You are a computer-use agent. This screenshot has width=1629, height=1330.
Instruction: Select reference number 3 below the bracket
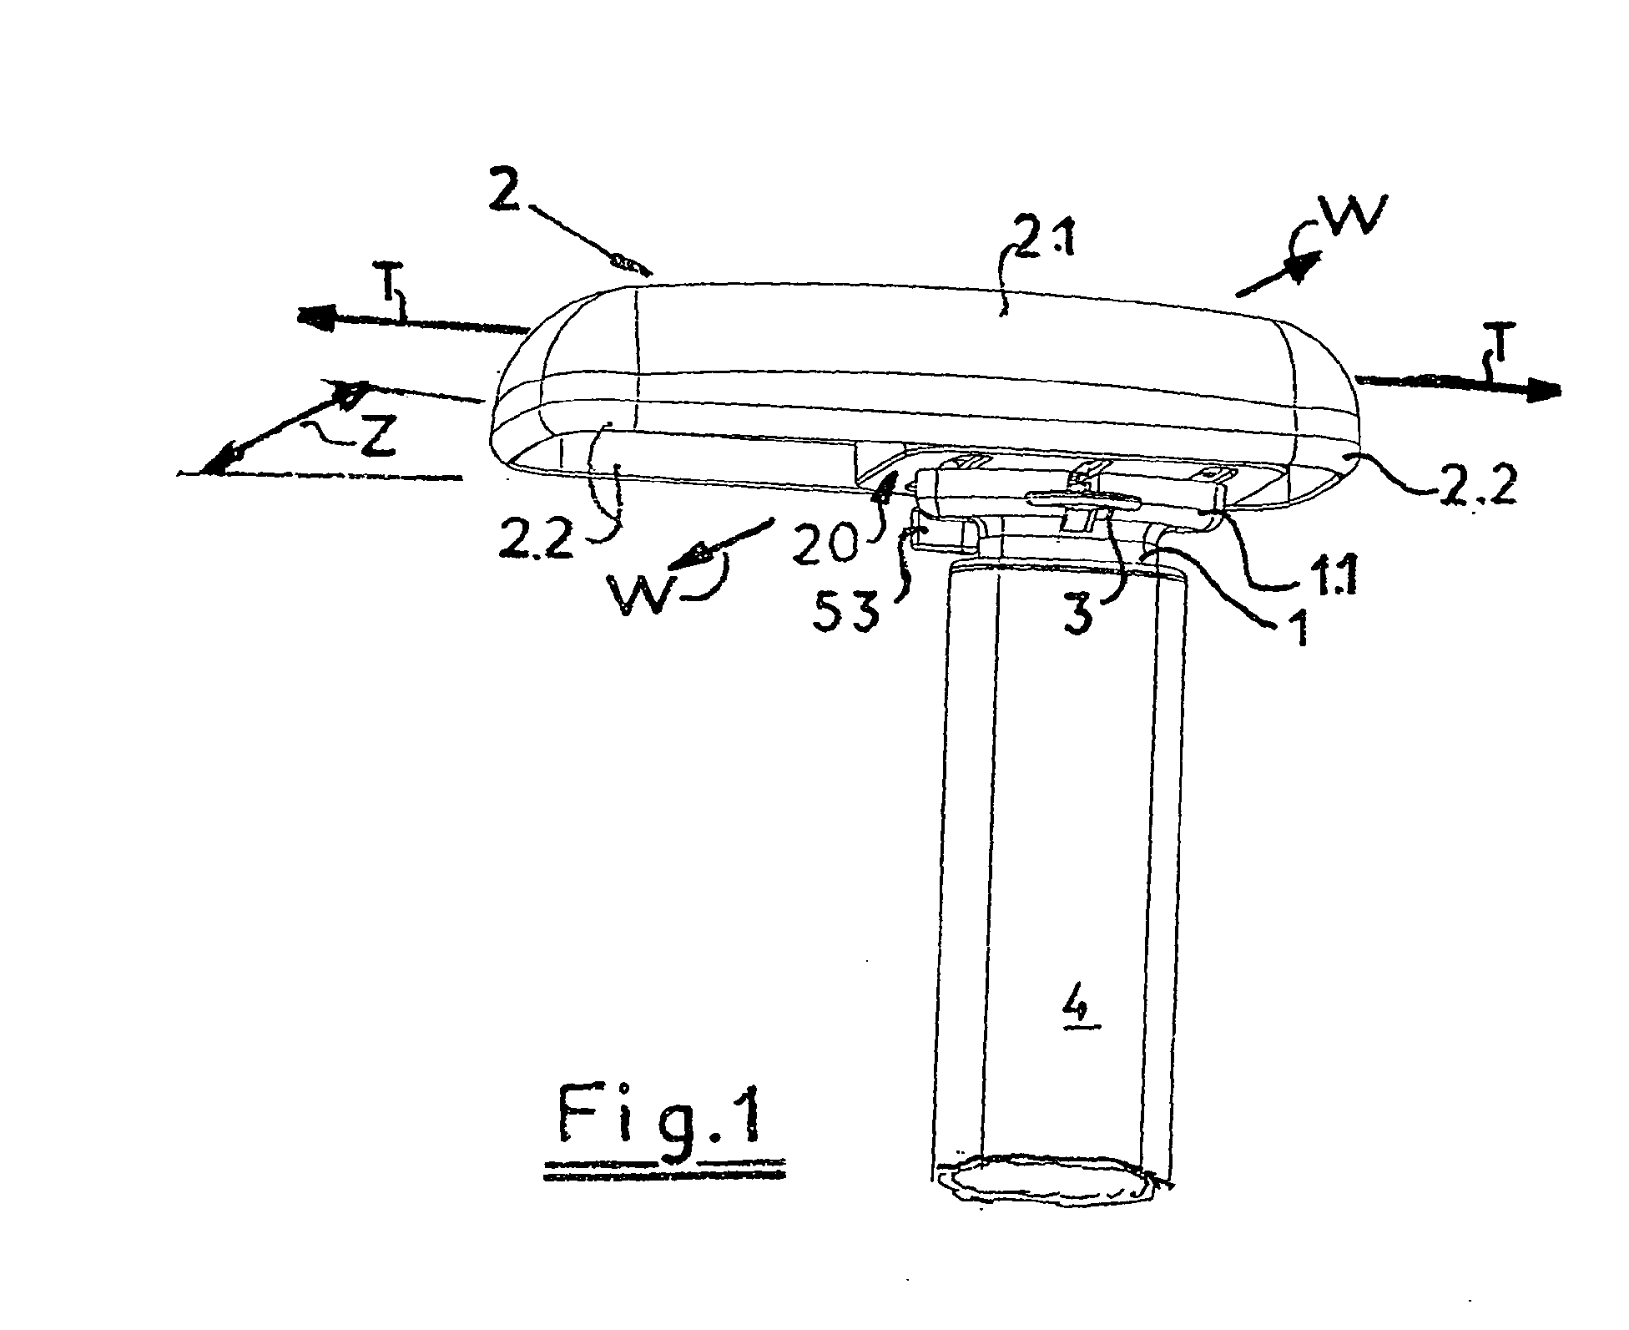1081,616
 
